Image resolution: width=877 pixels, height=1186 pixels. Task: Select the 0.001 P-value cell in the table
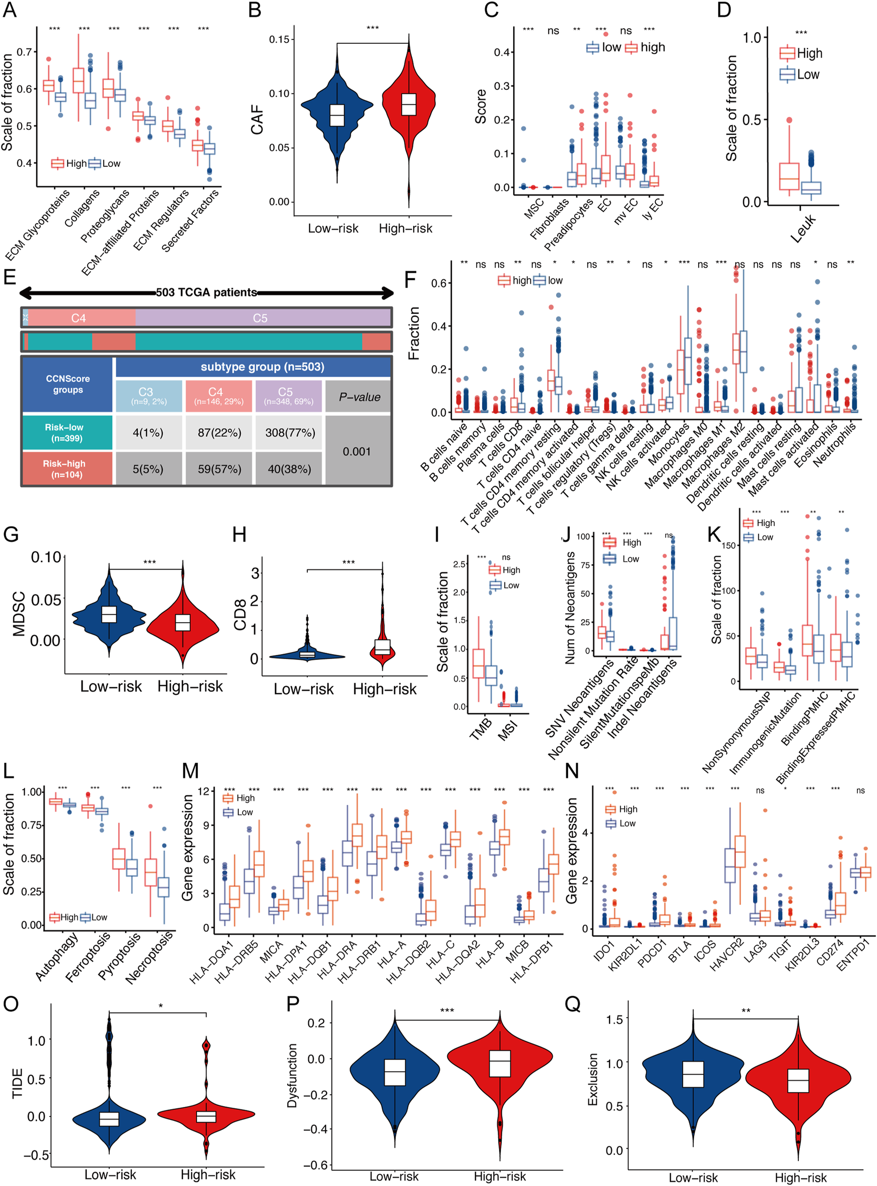(x=356, y=451)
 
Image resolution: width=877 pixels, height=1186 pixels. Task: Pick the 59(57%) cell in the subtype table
(x=219, y=469)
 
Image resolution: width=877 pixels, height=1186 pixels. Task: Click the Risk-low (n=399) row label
(x=64, y=433)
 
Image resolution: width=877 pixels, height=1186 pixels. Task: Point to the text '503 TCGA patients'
(x=206, y=292)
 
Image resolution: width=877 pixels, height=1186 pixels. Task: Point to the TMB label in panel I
(x=481, y=729)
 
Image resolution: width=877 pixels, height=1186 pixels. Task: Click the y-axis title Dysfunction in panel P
(x=292, y=1076)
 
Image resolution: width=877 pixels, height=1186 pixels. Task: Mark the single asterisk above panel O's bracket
(x=160, y=1006)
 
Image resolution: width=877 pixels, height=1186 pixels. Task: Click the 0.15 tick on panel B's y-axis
(x=279, y=39)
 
